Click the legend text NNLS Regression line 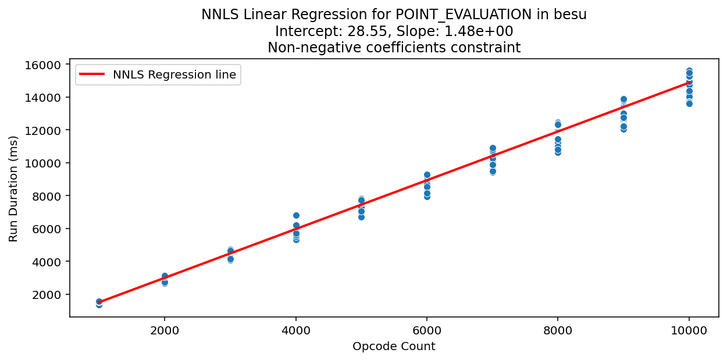click(x=174, y=74)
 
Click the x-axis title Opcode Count click(x=394, y=347)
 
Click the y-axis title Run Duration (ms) click(x=13, y=188)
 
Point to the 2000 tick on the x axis click(x=165, y=330)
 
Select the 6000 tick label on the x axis click(x=427, y=330)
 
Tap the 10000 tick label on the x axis click(x=689, y=330)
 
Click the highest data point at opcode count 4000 click(x=296, y=215)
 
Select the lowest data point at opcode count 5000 click(x=361, y=217)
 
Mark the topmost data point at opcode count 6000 click(x=427, y=174)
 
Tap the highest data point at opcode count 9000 click(x=623, y=99)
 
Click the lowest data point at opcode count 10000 click(x=689, y=104)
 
